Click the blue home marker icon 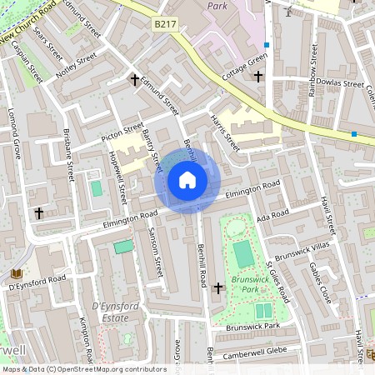[187, 180]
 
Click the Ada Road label [272, 216]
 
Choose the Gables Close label [320, 283]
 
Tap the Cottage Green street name [245, 65]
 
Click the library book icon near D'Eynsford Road [15, 273]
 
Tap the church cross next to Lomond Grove [38, 213]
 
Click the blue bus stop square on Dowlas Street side [354, 134]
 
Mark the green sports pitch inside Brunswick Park [242, 253]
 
